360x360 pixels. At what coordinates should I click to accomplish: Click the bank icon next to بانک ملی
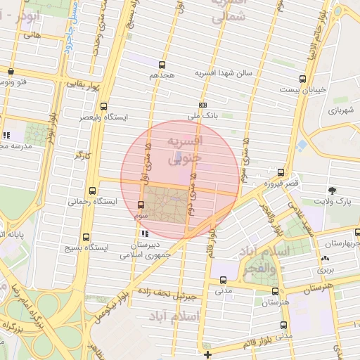click(x=203, y=105)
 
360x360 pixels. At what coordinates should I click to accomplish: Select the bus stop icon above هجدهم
click(x=163, y=64)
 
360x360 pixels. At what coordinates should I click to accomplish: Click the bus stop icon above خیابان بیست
click(x=302, y=79)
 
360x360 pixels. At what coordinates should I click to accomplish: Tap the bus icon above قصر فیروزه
click(x=281, y=172)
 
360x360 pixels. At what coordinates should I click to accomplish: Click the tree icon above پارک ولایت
click(x=332, y=191)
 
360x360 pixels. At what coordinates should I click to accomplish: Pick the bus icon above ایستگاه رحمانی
click(x=93, y=190)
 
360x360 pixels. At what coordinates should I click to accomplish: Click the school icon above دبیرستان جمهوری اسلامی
click(x=145, y=233)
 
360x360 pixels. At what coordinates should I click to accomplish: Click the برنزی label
click(x=324, y=269)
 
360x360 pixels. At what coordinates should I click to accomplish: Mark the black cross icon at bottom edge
click(x=207, y=354)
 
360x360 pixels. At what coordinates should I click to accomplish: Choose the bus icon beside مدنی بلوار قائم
click(x=283, y=325)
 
